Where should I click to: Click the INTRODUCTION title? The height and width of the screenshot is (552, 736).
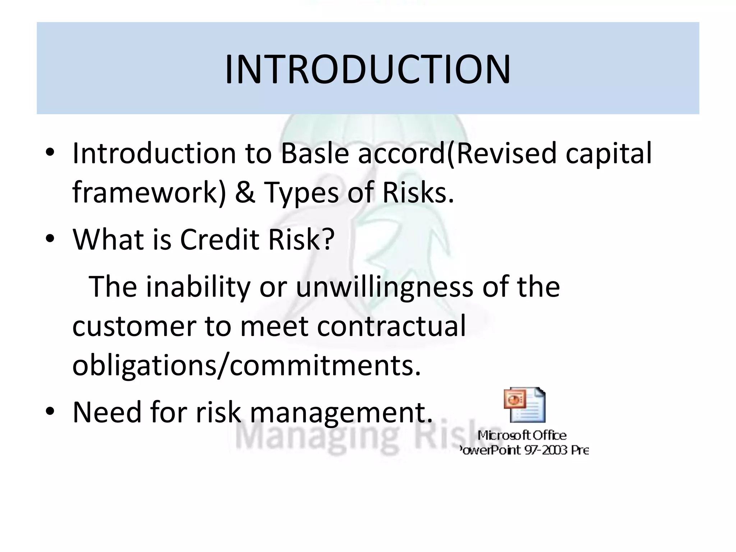(368, 69)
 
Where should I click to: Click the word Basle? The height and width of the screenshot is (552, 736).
(315, 153)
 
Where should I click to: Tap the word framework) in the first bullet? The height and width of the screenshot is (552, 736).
(149, 193)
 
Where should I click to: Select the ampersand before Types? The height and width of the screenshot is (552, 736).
(245, 193)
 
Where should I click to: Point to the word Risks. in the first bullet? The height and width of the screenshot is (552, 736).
(418, 193)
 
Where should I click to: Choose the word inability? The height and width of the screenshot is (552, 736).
(198, 287)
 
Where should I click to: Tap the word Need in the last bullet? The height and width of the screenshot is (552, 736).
(107, 412)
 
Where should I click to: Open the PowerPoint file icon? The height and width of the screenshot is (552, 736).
(525, 405)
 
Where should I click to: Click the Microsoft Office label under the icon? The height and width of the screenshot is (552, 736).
(522, 436)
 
